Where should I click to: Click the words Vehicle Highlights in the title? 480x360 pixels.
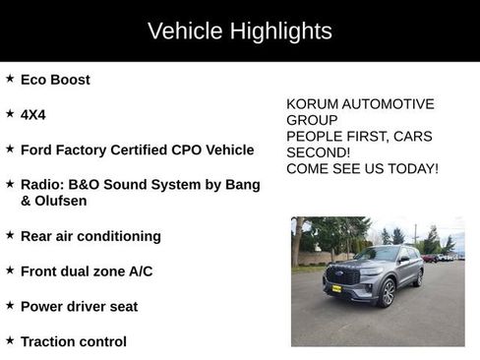tap(239, 30)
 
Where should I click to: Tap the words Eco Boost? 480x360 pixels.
tap(55, 80)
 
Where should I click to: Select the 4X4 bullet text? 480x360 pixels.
tap(33, 115)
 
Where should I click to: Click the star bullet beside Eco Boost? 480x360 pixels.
tap(10, 79)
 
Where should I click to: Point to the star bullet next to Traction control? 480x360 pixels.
tap(10, 341)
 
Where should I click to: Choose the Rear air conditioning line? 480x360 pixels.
tap(90, 236)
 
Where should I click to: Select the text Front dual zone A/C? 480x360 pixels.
tap(87, 271)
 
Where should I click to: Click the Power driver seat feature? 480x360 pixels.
tap(79, 307)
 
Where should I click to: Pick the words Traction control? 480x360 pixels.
tap(74, 342)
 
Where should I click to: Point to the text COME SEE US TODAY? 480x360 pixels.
tap(362, 169)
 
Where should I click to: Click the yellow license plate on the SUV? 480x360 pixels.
tap(336, 289)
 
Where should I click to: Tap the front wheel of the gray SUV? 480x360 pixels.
tap(388, 294)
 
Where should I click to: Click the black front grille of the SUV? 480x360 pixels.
tap(341, 276)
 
